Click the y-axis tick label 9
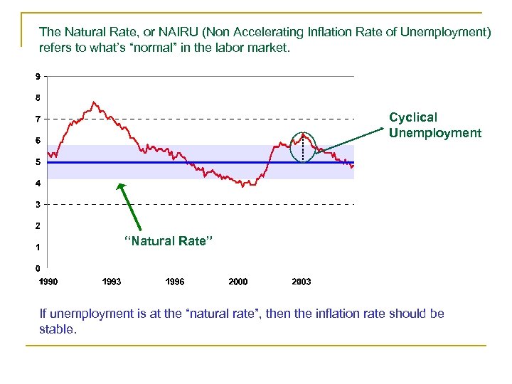click(37, 75)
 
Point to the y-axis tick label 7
click(37, 119)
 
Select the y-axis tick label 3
click(37, 205)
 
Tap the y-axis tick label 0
click(37, 269)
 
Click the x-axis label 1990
click(48, 282)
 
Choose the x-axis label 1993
click(112, 282)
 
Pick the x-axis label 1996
click(175, 282)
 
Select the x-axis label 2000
click(238, 282)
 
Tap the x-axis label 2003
click(302, 282)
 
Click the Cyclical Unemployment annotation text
click(434, 125)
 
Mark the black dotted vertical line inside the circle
click(304, 149)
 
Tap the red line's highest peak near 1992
click(94, 102)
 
